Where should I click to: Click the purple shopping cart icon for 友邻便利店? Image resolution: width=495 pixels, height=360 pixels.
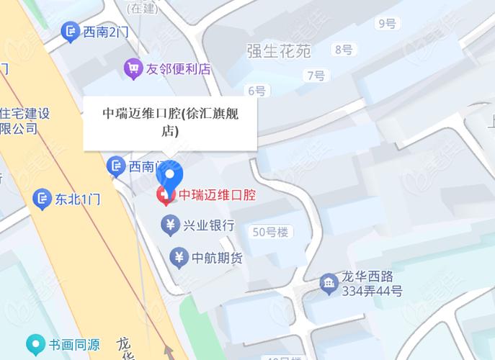point(133,69)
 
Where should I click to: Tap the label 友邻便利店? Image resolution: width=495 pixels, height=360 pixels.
point(178,69)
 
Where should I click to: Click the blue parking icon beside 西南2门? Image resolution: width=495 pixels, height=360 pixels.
point(70,31)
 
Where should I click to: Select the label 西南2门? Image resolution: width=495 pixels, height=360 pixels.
point(105,32)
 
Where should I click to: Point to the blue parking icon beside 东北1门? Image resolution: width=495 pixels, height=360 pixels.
point(43,197)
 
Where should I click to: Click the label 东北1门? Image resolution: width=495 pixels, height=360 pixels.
point(78,198)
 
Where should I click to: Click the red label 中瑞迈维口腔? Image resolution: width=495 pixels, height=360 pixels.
point(216,194)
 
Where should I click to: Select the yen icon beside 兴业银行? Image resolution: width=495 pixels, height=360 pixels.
point(171,226)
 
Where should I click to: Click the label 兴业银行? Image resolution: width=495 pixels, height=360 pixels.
point(209,226)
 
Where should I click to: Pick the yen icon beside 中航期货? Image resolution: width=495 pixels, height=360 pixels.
point(179,256)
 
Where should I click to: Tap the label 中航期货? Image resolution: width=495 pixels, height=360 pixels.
point(217,257)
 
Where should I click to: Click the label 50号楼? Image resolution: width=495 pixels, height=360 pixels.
point(270,232)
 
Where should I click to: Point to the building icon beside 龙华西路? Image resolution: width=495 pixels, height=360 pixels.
point(329,283)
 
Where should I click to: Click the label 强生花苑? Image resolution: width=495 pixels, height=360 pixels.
point(278,51)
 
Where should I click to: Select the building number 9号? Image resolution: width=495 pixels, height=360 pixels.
point(387,24)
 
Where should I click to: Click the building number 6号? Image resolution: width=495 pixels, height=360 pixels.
point(256,91)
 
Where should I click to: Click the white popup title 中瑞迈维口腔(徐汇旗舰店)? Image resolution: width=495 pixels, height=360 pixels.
point(170,121)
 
